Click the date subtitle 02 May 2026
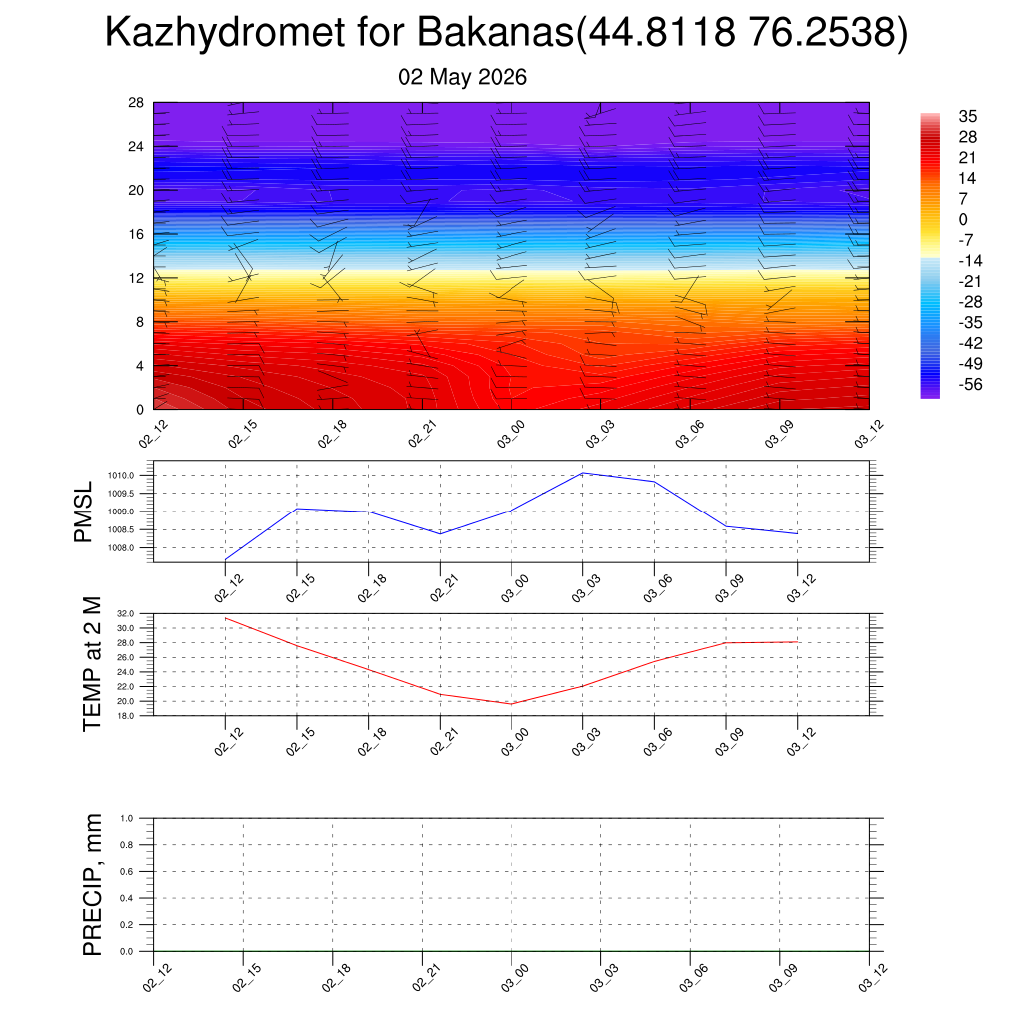(x=462, y=77)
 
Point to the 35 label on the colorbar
(x=967, y=116)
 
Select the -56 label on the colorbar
(x=970, y=384)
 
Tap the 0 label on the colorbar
(x=963, y=219)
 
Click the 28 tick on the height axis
(x=136, y=103)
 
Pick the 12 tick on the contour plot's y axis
(x=136, y=278)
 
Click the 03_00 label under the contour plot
(x=511, y=434)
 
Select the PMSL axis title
(x=84, y=512)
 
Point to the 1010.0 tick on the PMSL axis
(x=122, y=475)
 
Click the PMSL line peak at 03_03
(x=582, y=473)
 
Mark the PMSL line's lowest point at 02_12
(x=225, y=559)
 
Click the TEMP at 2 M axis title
(x=93, y=664)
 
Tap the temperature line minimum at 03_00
(x=511, y=704)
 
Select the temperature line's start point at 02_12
(x=225, y=618)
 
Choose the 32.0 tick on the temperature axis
(x=126, y=614)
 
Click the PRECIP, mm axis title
(x=93, y=885)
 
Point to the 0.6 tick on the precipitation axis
(x=127, y=871)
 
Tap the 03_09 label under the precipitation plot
(x=779, y=978)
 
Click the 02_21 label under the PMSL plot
(x=443, y=588)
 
